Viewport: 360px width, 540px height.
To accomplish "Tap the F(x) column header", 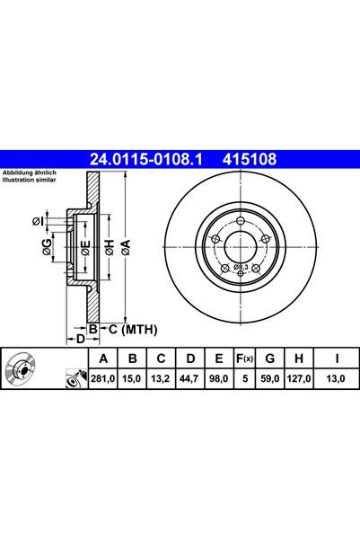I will tap(242, 359).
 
